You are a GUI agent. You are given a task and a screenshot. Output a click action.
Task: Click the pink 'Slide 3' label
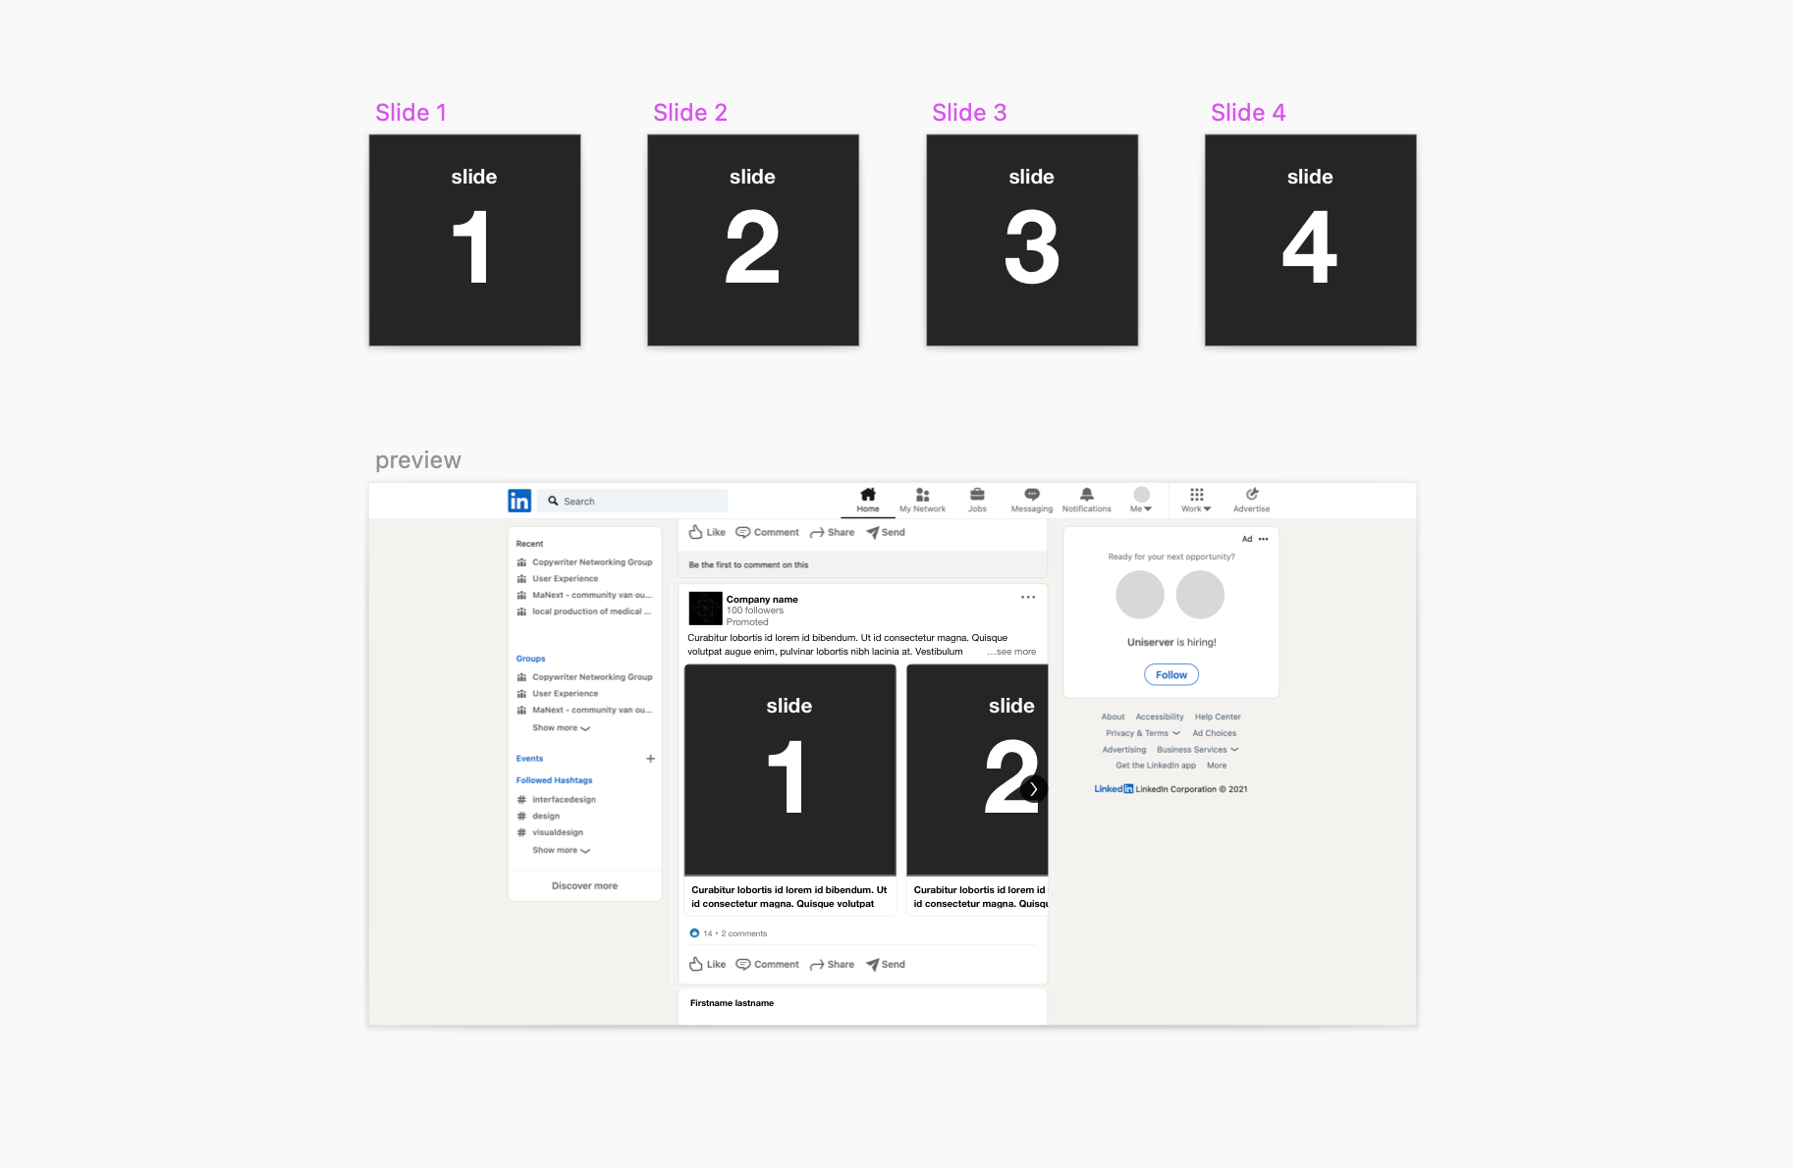coord(969,113)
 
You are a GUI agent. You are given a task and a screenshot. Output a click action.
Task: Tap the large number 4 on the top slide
coord(1310,248)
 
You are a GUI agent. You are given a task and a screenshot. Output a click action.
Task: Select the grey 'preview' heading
coord(418,460)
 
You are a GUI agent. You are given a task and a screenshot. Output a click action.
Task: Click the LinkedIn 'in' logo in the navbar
coord(519,501)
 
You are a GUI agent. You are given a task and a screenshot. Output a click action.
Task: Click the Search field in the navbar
coord(632,501)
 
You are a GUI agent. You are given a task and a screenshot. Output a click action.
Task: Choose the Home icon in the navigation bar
coord(868,494)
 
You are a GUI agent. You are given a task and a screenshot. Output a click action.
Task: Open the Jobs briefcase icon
coord(977,494)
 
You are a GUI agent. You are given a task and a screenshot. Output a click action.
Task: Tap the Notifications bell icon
coord(1087,494)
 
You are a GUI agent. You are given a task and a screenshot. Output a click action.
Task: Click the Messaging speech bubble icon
coord(1032,494)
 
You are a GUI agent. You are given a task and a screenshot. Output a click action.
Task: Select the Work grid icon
coord(1197,494)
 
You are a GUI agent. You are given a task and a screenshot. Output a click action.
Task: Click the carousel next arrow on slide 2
coord(1034,788)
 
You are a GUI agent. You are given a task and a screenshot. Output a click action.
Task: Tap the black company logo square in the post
coord(705,609)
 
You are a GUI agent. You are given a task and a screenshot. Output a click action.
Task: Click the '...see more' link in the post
coord(1011,652)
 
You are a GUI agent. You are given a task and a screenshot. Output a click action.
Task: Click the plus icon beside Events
coord(650,759)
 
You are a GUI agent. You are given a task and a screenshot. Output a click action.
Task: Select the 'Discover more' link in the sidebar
coord(584,886)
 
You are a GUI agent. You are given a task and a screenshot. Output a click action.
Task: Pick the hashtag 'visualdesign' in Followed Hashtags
coord(558,832)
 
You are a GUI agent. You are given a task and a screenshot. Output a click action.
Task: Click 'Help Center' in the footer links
coord(1218,717)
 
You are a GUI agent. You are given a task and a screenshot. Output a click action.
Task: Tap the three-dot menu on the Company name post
coord(1028,597)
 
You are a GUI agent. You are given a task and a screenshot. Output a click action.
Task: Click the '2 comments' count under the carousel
coord(744,933)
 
